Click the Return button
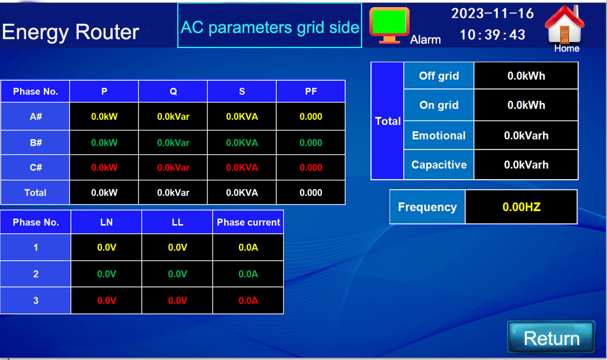(551, 337)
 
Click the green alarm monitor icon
(389, 25)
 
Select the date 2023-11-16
(493, 14)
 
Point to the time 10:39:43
(493, 34)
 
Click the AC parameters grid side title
(270, 27)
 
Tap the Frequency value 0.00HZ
(521, 207)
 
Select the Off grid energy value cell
(526, 75)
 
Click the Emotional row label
(439, 135)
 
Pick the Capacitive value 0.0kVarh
(526, 165)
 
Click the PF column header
(311, 91)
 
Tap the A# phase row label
(35, 116)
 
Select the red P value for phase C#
(104, 167)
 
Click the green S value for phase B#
(242, 142)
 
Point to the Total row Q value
(173, 193)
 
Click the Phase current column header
(248, 222)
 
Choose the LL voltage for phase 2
(177, 274)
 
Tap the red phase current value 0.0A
(248, 300)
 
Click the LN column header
(107, 222)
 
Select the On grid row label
(439, 105)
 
